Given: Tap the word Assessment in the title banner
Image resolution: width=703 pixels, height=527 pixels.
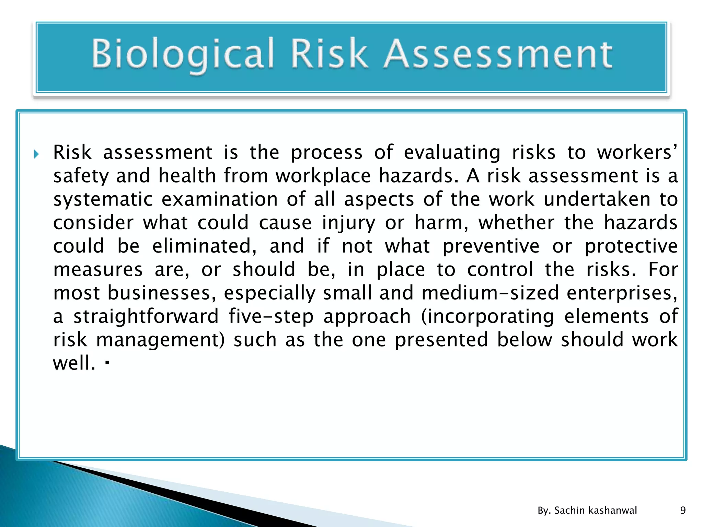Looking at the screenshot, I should (498, 54).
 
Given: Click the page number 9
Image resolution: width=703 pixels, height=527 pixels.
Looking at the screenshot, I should (683, 510).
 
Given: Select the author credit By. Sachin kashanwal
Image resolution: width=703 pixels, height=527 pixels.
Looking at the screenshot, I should (587, 510).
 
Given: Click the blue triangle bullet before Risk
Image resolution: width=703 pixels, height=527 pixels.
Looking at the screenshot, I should (36, 154).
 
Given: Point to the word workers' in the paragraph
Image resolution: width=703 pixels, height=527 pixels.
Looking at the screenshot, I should (637, 152).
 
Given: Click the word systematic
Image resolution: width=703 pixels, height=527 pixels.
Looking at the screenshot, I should (103, 199).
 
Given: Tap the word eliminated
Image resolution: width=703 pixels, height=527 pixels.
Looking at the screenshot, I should (204, 246).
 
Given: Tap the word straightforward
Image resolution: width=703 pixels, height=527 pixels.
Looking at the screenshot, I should (146, 316).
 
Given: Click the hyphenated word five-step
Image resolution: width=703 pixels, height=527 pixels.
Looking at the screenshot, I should (271, 316).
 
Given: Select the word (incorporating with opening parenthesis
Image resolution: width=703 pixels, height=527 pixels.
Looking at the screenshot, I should (487, 317).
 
